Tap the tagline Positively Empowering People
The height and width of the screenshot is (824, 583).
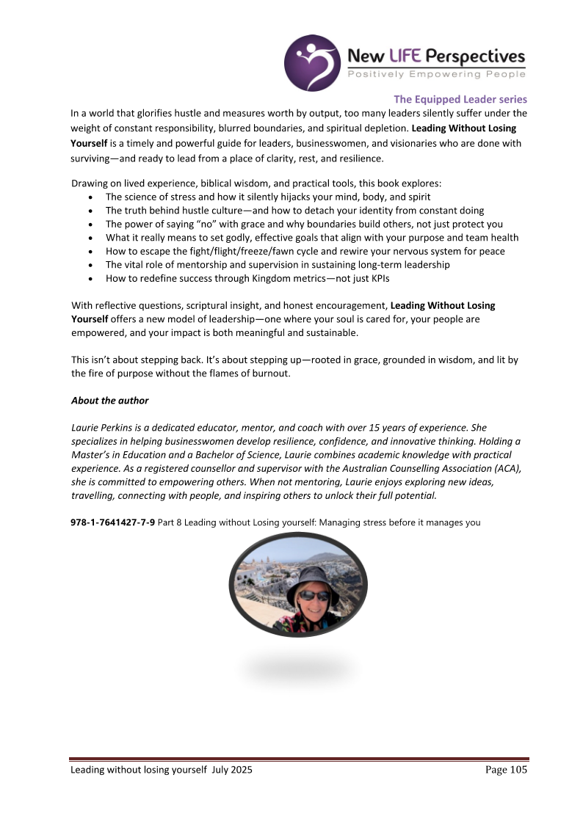pos(436,74)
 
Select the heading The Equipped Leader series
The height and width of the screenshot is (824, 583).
pos(460,99)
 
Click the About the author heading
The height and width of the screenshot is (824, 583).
pos(109,401)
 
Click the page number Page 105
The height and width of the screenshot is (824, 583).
pos(506,769)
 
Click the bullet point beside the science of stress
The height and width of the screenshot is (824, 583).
pos(90,197)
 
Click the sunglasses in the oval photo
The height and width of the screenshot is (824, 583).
pos(314,596)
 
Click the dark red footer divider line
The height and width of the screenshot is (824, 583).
pos(299,759)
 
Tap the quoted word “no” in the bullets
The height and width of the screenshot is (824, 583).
pos(203,225)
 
